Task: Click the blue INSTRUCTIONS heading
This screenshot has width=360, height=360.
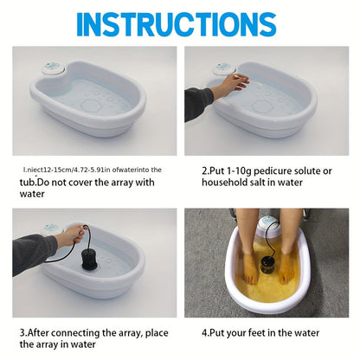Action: coord(180,24)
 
